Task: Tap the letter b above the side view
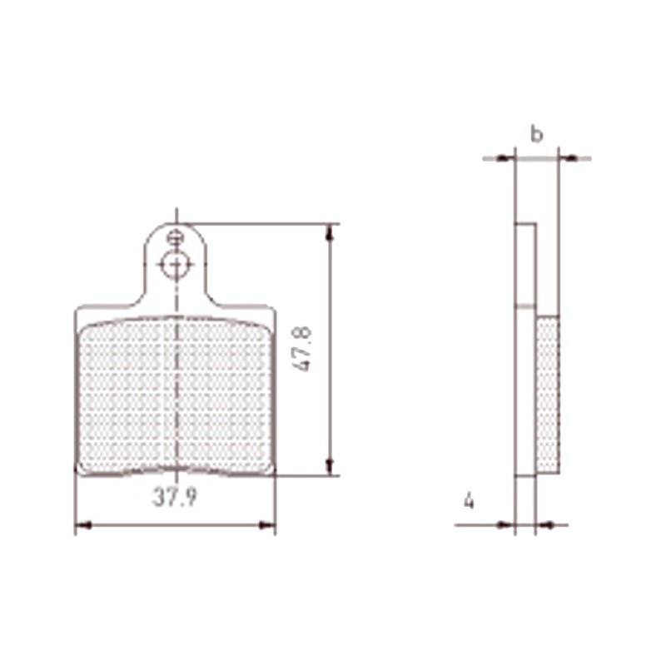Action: [537, 133]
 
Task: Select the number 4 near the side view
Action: [470, 501]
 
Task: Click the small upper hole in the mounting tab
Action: [175, 237]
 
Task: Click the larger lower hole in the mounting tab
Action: [175, 265]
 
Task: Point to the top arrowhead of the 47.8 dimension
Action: [331, 231]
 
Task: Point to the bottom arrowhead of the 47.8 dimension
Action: [331, 468]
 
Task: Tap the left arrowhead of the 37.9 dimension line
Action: [82, 524]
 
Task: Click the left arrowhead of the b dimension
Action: [508, 157]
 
